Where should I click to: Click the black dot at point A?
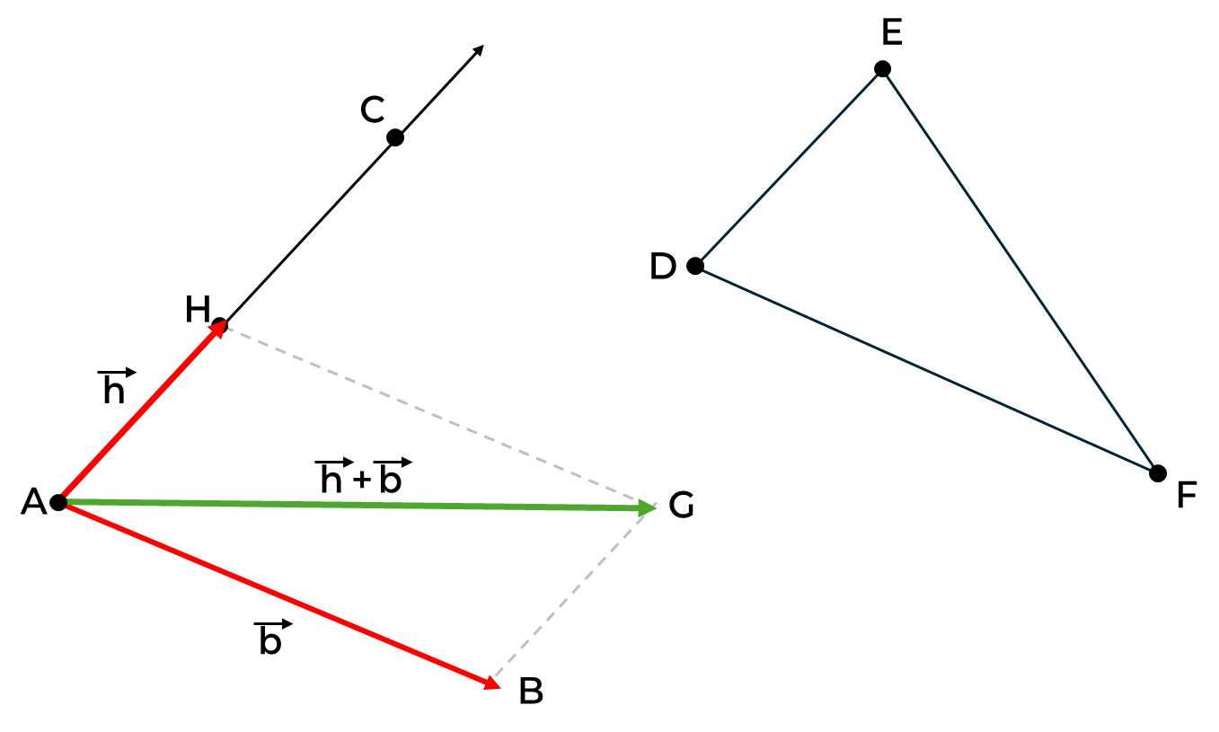pos(58,502)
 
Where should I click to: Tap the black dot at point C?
pos(395,137)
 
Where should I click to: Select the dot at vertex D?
pos(694,266)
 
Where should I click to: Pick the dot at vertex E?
pos(882,69)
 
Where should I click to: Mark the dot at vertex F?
pos(1158,472)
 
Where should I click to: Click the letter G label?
pos(682,507)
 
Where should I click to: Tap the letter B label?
pos(531,692)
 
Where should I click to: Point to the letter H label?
pos(197,310)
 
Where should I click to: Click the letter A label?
pos(33,503)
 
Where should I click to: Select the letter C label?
pos(372,110)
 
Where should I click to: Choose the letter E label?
pos(891,33)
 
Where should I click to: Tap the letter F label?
pos(1187,496)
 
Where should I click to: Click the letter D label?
pos(663,267)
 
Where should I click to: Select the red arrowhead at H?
pos(218,329)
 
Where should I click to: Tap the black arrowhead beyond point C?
pos(479,50)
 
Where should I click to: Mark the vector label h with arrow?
pos(116,387)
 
